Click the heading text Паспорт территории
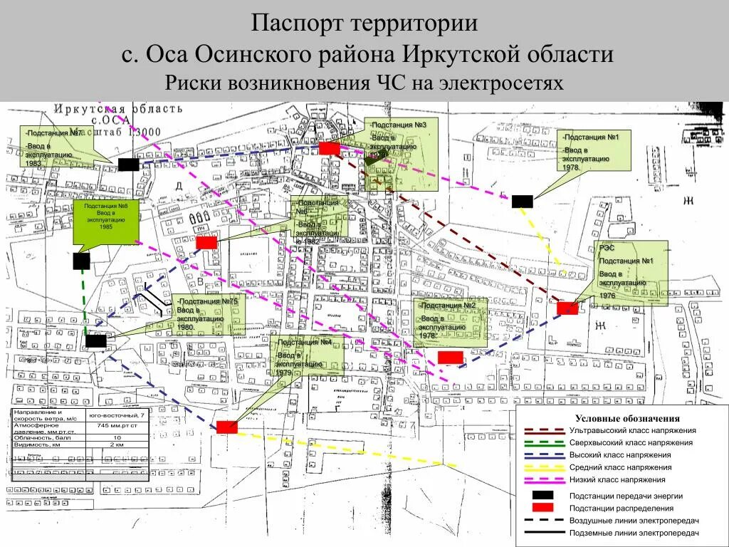coord(364,23)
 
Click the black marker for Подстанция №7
coord(128,165)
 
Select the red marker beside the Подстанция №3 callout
coord(329,148)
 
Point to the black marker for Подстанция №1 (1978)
coord(522,202)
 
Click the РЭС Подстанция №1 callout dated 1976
coord(632,273)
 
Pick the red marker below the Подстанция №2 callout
coord(450,357)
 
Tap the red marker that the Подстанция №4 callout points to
coord(226,427)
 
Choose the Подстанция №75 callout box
coord(209,314)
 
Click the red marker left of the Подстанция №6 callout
coord(206,243)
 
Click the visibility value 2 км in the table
coord(117,444)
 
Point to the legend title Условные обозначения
coord(627,419)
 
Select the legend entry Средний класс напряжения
coord(620,467)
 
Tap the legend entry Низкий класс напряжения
coord(617,479)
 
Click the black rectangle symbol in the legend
coord(543,495)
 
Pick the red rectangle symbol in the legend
coord(543,507)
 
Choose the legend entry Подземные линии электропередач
coord(634,533)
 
